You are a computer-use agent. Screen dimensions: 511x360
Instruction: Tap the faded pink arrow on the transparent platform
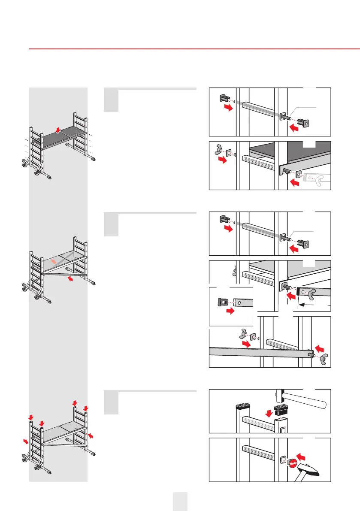[53, 261]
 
